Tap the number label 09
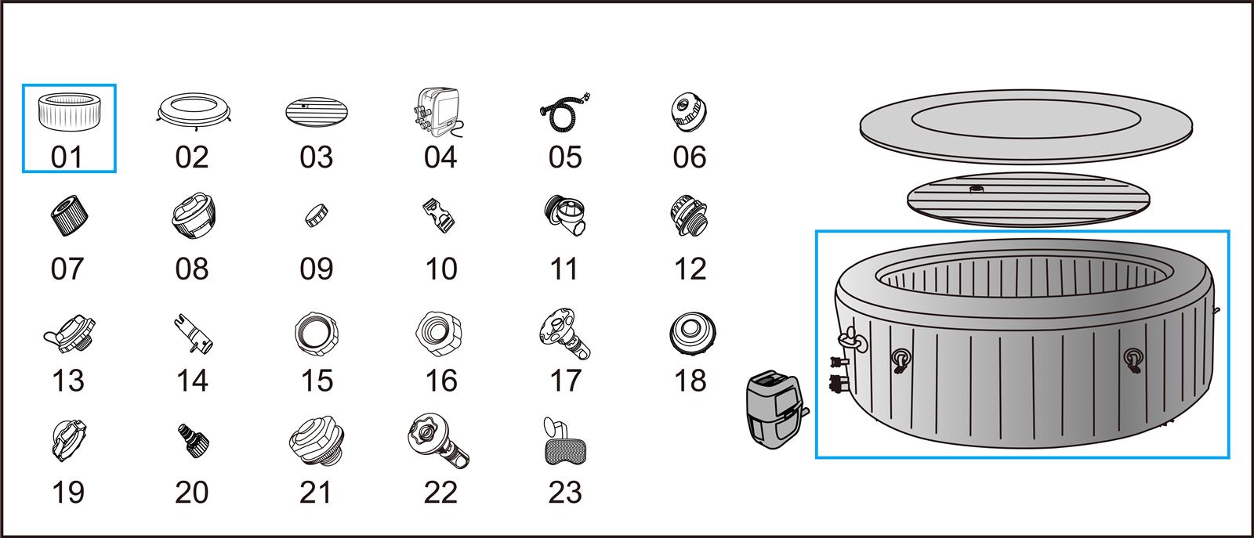click(317, 269)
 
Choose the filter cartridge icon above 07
click(68, 215)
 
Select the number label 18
click(690, 381)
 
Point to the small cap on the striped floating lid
click(977, 190)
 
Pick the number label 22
click(440, 493)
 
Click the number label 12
click(690, 269)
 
